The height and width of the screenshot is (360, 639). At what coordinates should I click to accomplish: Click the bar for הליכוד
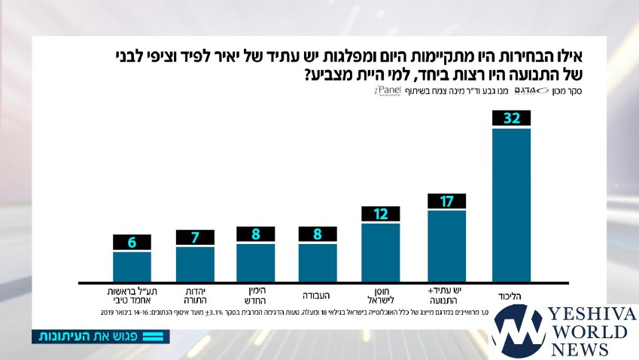[x=511, y=205]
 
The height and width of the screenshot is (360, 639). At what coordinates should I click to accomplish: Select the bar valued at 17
[x=447, y=246]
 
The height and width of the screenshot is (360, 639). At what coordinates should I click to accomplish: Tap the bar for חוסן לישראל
[x=381, y=252]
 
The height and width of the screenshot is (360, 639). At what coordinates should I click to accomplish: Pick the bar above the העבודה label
[x=318, y=262]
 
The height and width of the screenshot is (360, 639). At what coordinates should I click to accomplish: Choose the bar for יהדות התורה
[x=195, y=264]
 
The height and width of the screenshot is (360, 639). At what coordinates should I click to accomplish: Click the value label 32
[x=512, y=118]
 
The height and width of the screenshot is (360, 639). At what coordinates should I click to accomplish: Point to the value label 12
[x=381, y=214]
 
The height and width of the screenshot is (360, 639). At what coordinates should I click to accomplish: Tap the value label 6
[x=132, y=243]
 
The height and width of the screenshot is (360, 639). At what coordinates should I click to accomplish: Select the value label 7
[x=195, y=238]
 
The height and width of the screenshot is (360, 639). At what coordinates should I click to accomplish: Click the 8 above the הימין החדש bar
[x=256, y=234]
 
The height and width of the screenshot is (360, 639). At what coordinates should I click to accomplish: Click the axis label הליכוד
[x=511, y=295]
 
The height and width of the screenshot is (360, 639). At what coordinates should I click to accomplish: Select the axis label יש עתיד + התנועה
[x=447, y=294]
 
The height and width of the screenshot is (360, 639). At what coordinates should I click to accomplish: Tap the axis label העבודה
[x=318, y=295]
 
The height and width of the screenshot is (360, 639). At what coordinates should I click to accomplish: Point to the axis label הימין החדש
[x=256, y=294]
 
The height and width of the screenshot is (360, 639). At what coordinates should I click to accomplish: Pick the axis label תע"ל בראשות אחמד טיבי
[x=132, y=294]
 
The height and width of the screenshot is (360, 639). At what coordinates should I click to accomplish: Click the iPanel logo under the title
[x=388, y=90]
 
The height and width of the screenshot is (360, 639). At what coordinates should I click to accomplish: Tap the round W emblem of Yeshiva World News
[x=519, y=331]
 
